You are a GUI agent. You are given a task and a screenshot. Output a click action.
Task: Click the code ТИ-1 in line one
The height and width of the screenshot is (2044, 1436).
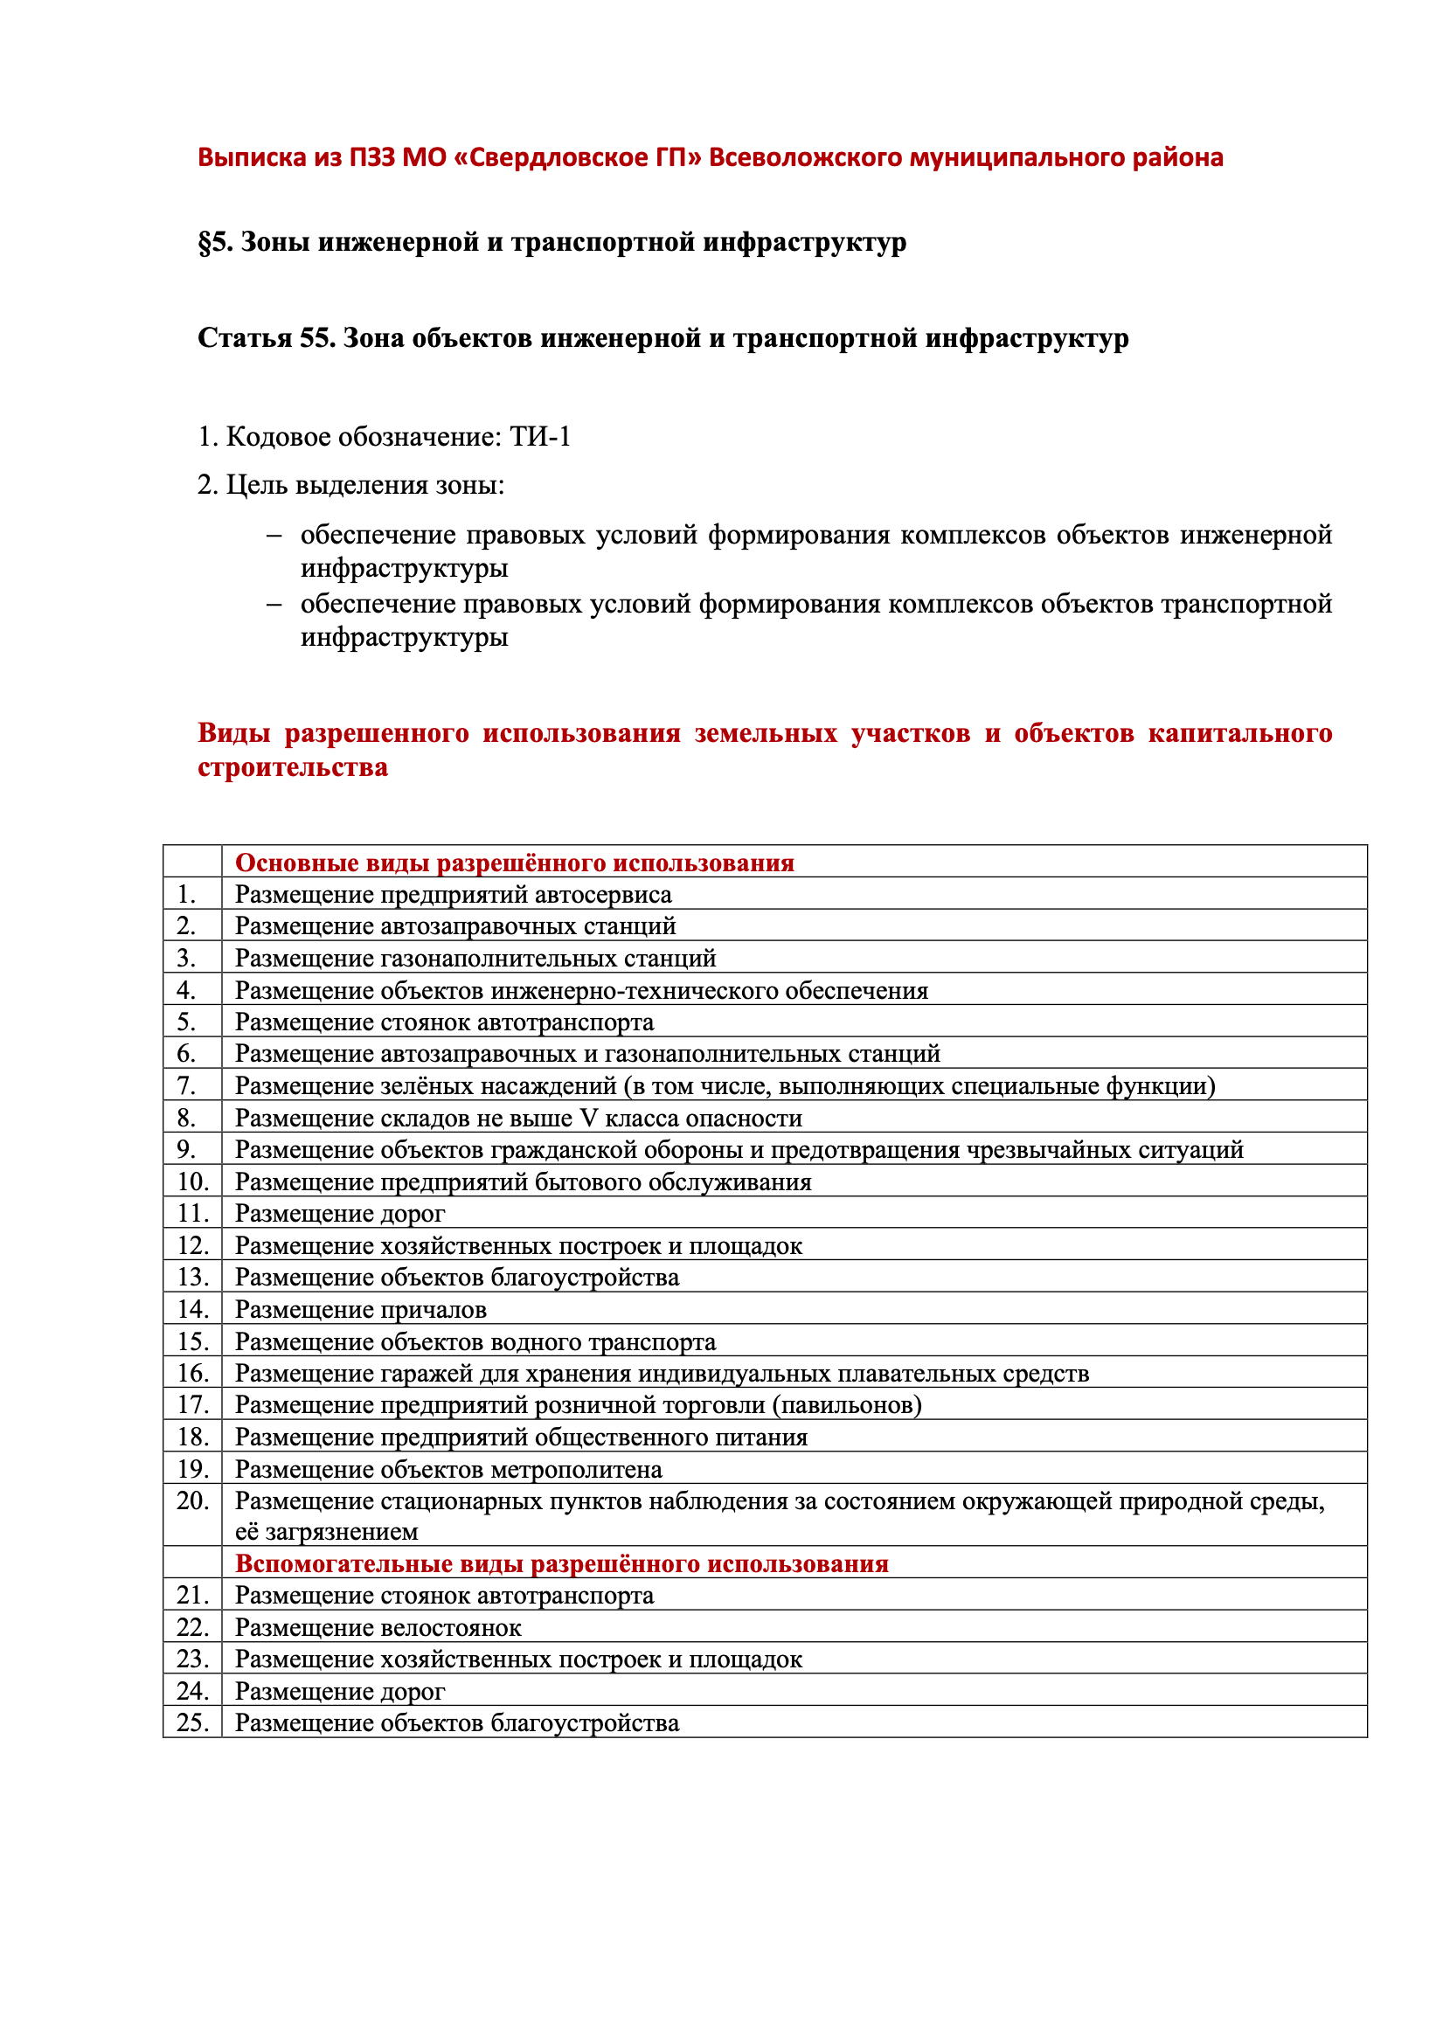[539, 437]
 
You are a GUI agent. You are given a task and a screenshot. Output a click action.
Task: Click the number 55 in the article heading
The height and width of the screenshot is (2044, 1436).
[316, 338]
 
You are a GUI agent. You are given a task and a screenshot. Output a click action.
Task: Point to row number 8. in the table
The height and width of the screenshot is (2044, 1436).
[186, 1119]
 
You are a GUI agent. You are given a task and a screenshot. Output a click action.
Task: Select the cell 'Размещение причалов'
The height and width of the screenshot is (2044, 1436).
[361, 1310]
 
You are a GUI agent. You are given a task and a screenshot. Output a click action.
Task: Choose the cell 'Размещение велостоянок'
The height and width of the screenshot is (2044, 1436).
[378, 1627]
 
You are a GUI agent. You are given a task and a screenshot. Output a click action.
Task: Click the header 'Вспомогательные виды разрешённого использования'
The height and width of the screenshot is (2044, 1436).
[561, 1564]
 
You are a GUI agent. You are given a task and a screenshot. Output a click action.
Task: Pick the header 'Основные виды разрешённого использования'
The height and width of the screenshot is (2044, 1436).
[514, 863]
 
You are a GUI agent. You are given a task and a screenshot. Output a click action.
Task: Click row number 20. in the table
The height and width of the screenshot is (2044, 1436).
[192, 1501]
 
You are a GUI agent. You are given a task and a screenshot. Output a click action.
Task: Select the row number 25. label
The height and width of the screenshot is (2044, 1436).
[192, 1722]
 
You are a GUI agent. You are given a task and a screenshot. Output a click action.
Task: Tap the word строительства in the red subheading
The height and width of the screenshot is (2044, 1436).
[292, 767]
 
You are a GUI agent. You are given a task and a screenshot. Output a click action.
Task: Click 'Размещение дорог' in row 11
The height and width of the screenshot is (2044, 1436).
[339, 1214]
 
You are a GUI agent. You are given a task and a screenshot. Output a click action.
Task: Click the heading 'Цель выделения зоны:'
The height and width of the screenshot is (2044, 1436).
[350, 485]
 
